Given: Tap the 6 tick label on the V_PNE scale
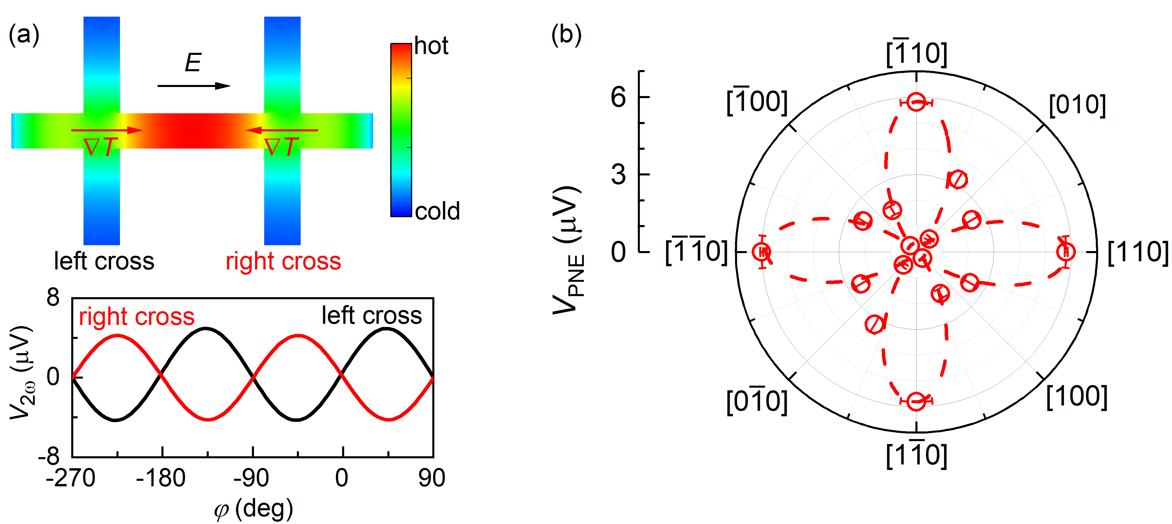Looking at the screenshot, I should [618, 97].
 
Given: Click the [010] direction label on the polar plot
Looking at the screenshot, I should [1077, 105].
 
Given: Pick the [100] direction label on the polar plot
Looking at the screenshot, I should [1077, 397].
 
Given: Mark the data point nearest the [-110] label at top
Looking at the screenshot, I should [916, 102].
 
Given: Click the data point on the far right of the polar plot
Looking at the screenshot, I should [1065, 252].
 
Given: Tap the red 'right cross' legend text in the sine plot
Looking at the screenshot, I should [137, 316].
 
